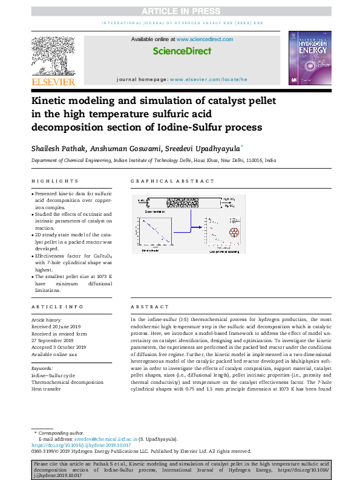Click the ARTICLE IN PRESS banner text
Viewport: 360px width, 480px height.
179,10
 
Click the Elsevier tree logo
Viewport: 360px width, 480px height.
53,58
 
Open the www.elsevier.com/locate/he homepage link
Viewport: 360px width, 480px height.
208,79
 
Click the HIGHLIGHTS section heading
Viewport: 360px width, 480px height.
54,181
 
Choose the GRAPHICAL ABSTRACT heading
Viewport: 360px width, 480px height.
172,181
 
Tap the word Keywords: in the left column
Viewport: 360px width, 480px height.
42,368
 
